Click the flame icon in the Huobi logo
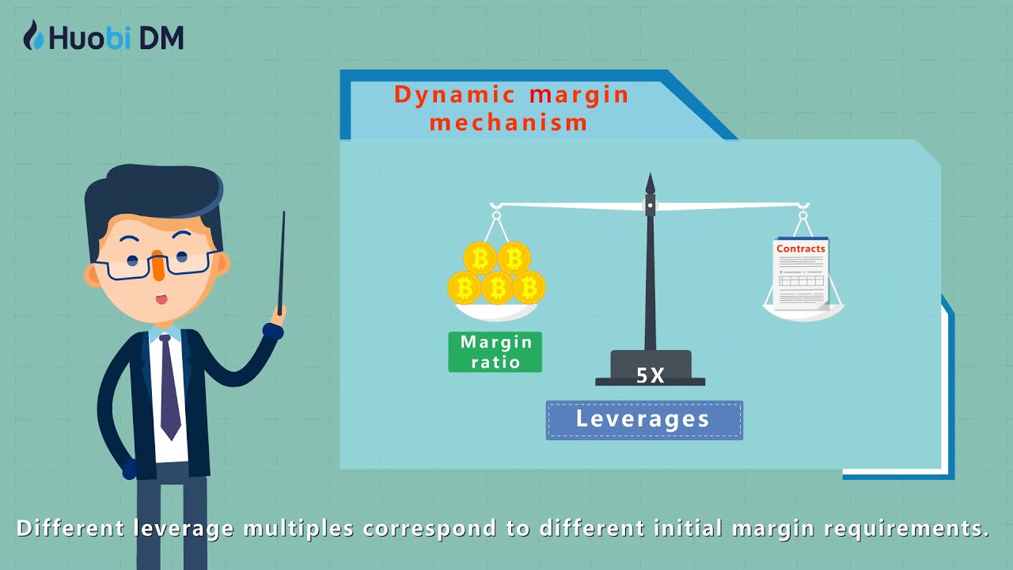33,36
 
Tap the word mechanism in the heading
509,123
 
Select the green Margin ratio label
495,352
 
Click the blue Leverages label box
643,420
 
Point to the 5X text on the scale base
651,376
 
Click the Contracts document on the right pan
800,273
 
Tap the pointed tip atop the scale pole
651,182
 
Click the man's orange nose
158,266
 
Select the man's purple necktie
169,388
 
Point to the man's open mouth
161,299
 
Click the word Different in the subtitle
70,528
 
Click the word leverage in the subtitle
187,528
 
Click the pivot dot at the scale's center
651,206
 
